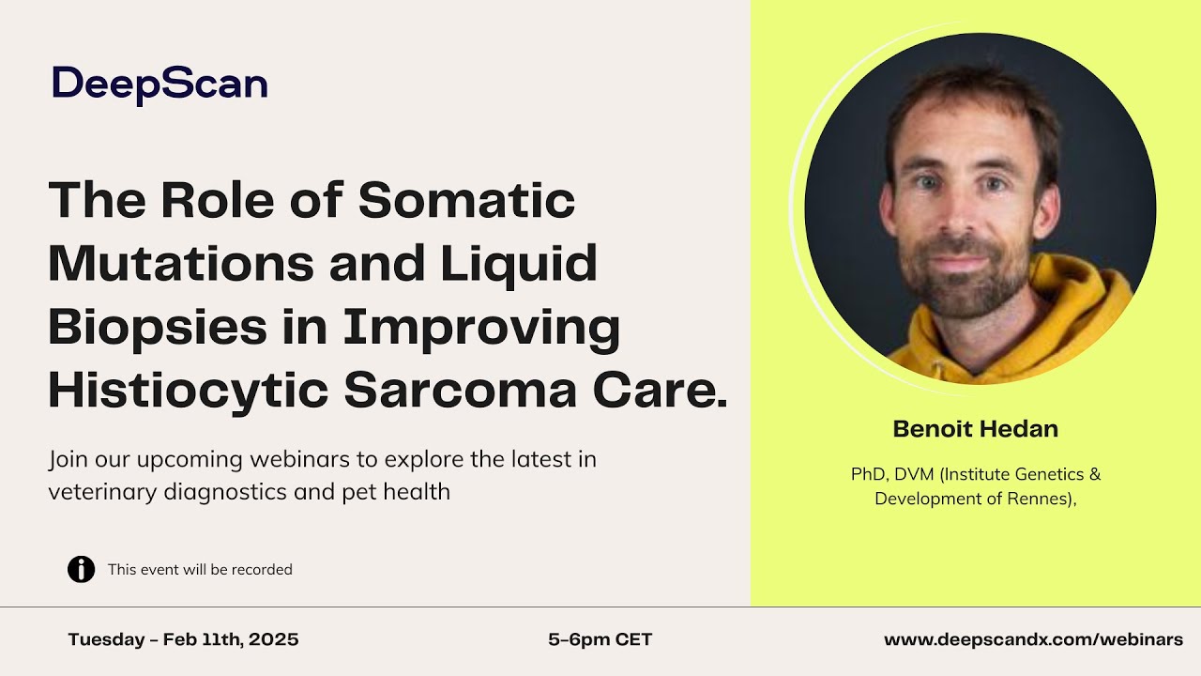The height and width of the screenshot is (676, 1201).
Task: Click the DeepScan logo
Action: [160, 84]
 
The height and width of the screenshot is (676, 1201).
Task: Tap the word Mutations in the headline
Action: [181, 264]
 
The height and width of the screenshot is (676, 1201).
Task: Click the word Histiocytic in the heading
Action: [188, 391]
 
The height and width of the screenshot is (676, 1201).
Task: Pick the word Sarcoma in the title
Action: [460, 391]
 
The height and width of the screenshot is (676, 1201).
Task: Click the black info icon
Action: [82, 569]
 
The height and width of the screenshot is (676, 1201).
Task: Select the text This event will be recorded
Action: [200, 570]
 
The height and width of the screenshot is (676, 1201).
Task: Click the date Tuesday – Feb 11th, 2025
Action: [183, 640]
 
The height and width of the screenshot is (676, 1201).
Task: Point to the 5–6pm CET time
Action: [600, 640]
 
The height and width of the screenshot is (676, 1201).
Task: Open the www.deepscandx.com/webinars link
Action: [1033, 640]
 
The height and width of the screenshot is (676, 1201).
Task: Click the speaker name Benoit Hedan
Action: [975, 430]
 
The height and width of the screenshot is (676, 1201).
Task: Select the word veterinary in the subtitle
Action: [95, 491]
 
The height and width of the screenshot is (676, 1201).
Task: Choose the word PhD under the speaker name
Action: [868, 474]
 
